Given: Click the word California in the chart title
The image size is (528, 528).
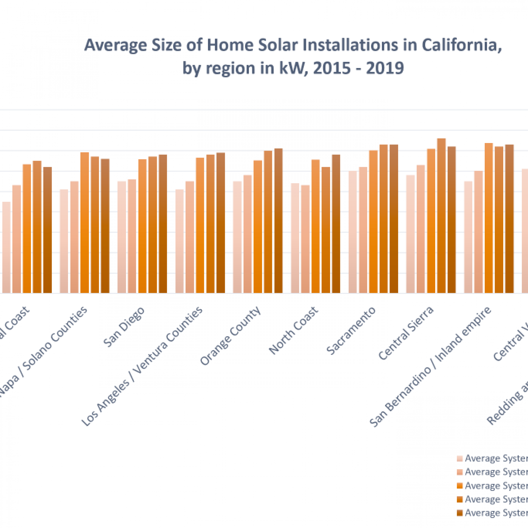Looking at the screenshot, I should pyautogui.click(x=461, y=45).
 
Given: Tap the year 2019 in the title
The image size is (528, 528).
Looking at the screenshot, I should pyautogui.click(x=385, y=68).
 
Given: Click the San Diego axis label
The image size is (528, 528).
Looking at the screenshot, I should pyautogui.click(x=124, y=327).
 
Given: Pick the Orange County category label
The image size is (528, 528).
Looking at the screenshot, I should pyautogui.click(x=230, y=336).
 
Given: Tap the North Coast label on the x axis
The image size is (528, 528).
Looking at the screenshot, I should pyautogui.click(x=293, y=330).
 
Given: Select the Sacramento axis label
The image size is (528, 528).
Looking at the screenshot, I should pyautogui.click(x=351, y=331).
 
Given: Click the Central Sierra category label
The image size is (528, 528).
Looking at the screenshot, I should pyautogui.click(x=406, y=333).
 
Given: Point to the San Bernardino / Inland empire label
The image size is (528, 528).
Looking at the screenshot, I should pyautogui.click(x=430, y=367).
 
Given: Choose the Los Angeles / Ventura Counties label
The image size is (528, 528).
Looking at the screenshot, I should pyautogui.click(x=142, y=366).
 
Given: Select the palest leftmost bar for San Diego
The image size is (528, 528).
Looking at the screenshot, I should pyautogui.click(x=122, y=237).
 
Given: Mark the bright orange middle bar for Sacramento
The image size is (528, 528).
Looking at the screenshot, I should pyautogui.click(x=373, y=222).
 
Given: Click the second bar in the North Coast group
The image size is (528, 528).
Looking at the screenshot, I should pyautogui.click(x=305, y=239).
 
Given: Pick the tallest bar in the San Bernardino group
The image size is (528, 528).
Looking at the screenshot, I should pyautogui.click(x=489, y=218).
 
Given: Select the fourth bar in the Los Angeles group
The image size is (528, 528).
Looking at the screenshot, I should pyautogui.click(x=210, y=224).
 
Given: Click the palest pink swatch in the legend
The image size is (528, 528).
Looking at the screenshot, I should pyautogui.click(x=460, y=459).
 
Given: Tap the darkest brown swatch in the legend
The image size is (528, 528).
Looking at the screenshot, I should pyautogui.click(x=460, y=513).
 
